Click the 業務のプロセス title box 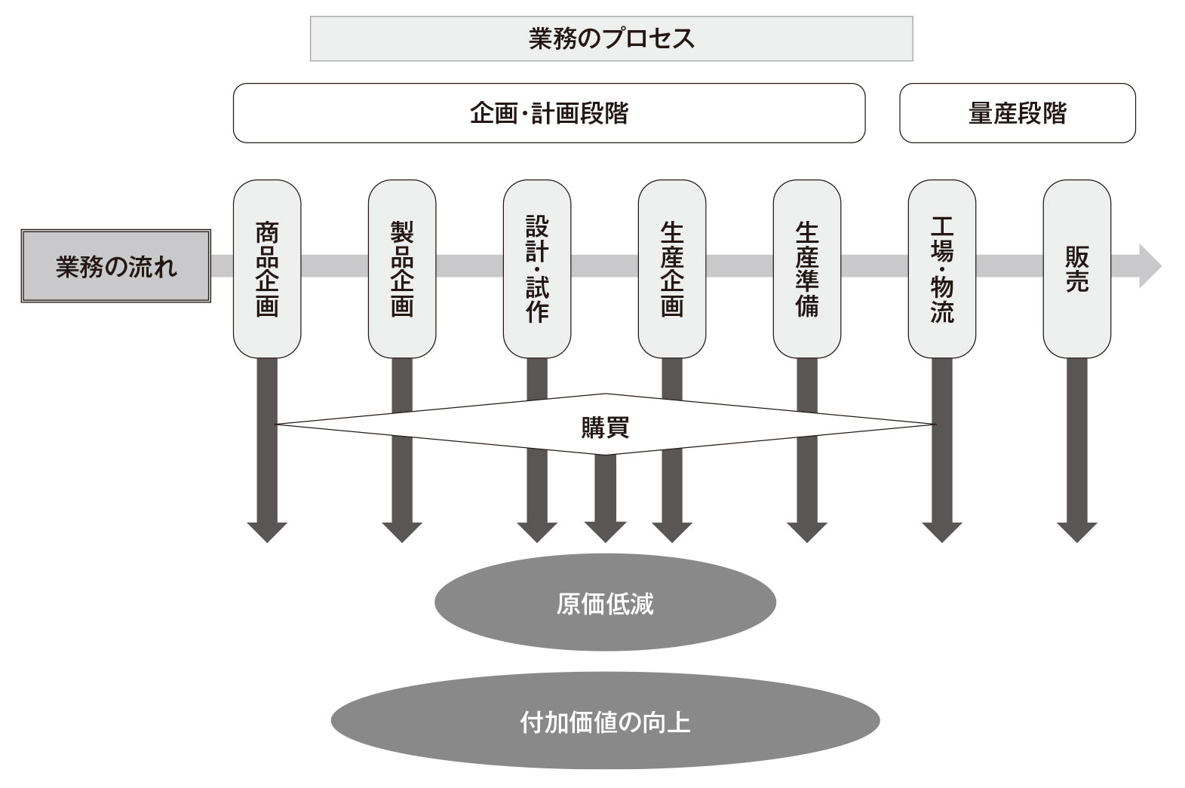pos(611,38)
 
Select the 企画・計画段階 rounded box pos(548,113)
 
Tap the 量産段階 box pos(1017,113)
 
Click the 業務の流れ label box pos(115,267)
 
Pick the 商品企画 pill pos(267,268)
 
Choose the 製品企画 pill pos(402,268)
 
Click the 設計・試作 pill pos(537,268)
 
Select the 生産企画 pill pos(672,268)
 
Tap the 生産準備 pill pos(807,268)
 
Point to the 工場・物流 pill pos(942,268)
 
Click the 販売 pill pos(1076,268)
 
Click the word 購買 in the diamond pos(605,428)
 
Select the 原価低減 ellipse pos(605,604)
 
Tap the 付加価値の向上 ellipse pos(605,722)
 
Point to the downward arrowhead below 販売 pos(1076,531)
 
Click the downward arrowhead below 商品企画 pos(267,531)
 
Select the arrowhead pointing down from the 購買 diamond pos(605,531)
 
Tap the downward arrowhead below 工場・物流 pos(942,531)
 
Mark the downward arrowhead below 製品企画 pos(402,531)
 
